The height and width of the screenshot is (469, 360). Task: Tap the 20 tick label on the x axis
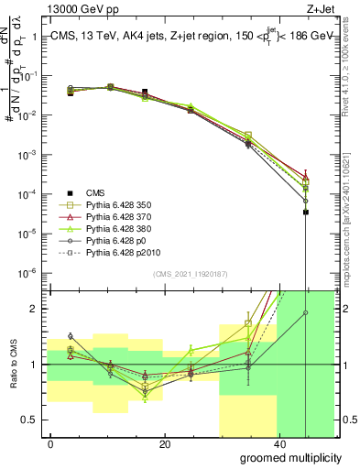[x=164, y=444]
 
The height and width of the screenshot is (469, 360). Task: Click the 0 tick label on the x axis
[x=51, y=444]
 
